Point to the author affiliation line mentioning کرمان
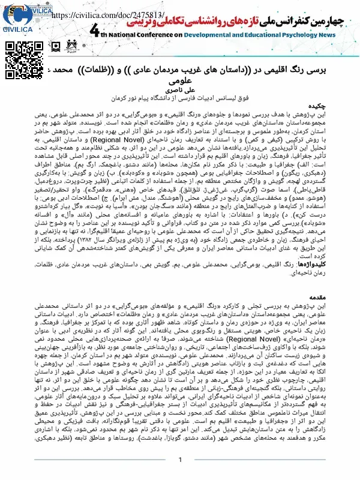coord(179,95)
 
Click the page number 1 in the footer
coord(179,459)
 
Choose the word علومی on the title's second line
coord(180,78)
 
